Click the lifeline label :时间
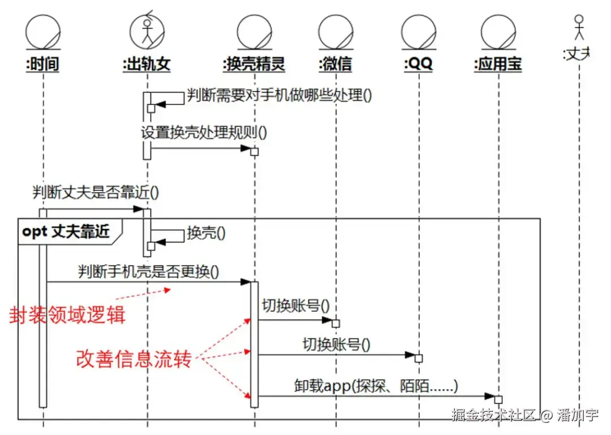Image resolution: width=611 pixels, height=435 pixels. point(42,64)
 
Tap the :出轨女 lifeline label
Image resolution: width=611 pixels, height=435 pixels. point(147,64)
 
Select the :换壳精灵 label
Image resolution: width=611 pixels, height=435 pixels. point(254,64)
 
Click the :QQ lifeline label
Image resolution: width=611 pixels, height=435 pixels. point(419,64)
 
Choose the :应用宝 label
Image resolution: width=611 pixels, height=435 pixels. point(498,64)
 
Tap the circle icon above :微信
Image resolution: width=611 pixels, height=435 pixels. point(335,31)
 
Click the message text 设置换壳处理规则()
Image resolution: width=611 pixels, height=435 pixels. point(204,133)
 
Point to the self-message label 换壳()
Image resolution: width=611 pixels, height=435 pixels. point(206,233)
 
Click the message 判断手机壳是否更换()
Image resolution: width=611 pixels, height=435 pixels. point(149,271)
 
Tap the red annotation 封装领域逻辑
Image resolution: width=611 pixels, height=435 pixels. point(67,315)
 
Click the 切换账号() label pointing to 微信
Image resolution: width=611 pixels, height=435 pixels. point(295,306)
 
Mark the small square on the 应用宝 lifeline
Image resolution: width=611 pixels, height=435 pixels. point(498,399)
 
